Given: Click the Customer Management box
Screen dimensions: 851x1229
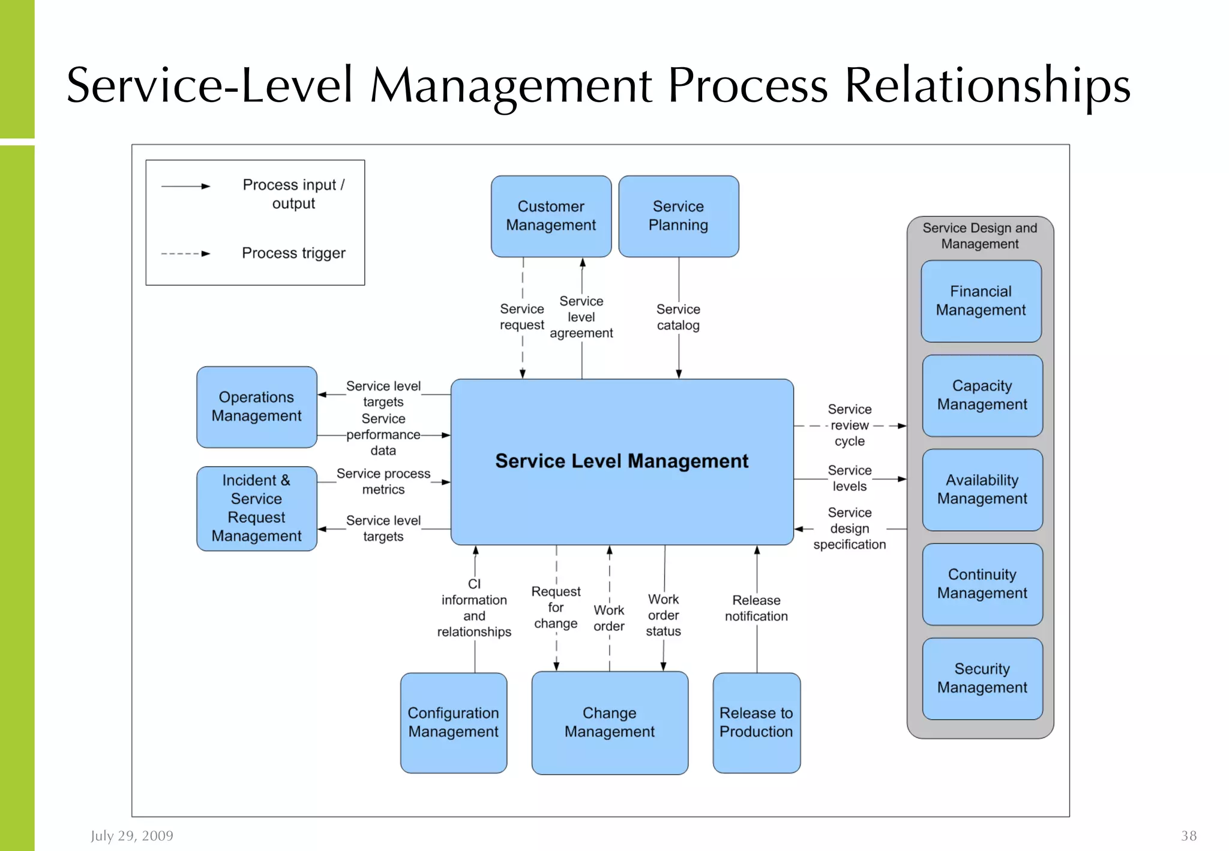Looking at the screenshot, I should pos(551,216).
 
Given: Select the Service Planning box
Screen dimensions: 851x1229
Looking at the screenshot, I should pos(678,216).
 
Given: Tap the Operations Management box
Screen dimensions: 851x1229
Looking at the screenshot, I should pos(256,407).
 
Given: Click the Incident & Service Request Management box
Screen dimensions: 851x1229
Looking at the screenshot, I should pos(256,508).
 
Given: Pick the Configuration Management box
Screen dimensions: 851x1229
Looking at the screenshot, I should pos(453,723).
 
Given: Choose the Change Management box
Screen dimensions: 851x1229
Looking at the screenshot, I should pos(609,723).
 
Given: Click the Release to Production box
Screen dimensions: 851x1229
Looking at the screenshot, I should pos(756,723).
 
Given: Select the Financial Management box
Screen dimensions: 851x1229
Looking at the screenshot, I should pos(981,301).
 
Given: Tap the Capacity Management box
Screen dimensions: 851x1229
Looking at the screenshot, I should pos(982,395).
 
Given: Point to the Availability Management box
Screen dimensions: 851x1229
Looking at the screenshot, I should pos(982,490).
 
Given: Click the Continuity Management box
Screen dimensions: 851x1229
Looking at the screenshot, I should pos(982,584).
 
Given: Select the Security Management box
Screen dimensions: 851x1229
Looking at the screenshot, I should pos(982,678).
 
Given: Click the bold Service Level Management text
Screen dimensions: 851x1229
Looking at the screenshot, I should pos(622,461).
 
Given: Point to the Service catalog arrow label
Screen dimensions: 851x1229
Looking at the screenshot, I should pos(678,317).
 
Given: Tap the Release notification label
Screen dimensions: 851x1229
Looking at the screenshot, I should pos(756,609).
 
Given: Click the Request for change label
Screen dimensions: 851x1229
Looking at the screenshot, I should pos(556,608).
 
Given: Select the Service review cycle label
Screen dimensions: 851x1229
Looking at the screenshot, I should pos(849,425).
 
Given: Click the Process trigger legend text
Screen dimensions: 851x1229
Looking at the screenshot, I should pos(293,253).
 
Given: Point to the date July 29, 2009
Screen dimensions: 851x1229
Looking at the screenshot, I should pos(132,836).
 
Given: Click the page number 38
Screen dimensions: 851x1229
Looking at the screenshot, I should pos(1188,836).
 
